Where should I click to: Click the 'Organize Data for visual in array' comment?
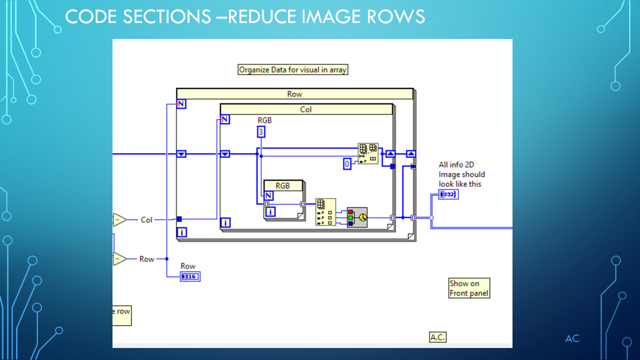tap(292, 70)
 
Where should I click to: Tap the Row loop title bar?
tap(294, 94)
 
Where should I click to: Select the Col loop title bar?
tap(306, 109)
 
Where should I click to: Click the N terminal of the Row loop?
tap(181, 104)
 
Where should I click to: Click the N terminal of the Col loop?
tap(225, 119)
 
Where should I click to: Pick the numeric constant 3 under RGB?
tap(261, 131)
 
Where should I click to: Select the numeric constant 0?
tap(347, 163)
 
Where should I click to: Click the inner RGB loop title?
tap(283, 185)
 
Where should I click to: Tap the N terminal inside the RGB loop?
tap(269, 195)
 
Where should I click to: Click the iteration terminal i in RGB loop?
tap(270, 212)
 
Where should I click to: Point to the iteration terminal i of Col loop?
tap(225, 222)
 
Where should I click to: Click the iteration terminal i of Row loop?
tap(181, 232)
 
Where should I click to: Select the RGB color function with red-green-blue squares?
tap(357, 217)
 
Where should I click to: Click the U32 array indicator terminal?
tap(448, 194)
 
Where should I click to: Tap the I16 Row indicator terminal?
tap(190, 276)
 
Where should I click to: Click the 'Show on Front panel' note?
tap(469, 288)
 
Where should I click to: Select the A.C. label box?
tap(437, 337)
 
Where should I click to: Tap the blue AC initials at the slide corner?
tap(572, 338)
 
